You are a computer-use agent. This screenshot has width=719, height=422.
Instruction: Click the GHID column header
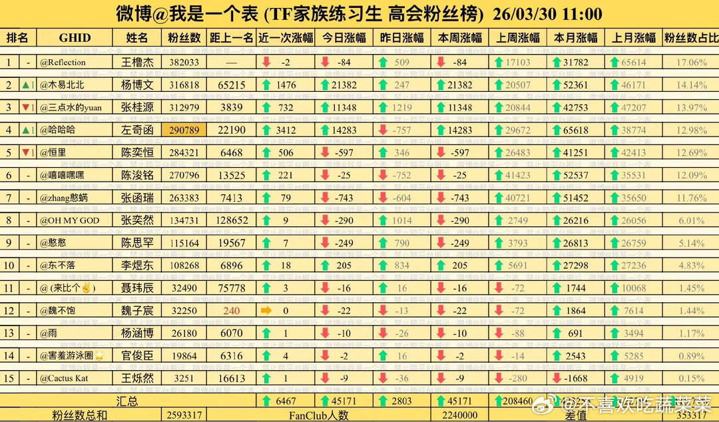(x=75, y=38)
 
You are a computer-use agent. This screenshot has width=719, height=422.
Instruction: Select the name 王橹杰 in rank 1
(x=137, y=63)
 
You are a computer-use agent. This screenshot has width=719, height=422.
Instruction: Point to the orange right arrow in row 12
(x=266, y=310)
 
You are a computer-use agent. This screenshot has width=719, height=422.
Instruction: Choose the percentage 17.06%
(x=691, y=63)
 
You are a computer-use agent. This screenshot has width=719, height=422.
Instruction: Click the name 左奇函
(x=137, y=130)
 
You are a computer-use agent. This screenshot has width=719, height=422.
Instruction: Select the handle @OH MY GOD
(x=70, y=220)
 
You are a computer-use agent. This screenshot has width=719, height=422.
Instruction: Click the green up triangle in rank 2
(x=26, y=85)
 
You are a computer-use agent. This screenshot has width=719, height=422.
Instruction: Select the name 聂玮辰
(x=137, y=288)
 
